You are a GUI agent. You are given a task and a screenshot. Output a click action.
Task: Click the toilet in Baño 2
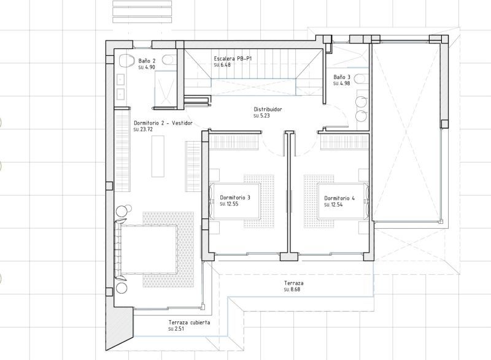(x=127, y=60)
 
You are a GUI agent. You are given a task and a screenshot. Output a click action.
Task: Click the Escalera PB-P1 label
(x=233, y=58)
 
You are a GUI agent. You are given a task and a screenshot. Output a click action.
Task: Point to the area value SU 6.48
(x=222, y=65)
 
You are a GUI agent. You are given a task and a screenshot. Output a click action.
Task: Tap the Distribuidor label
(x=267, y=109)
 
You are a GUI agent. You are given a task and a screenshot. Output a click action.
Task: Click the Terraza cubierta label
(x=189, y=322)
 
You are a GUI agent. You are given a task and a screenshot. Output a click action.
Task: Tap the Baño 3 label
(x=342, y=77)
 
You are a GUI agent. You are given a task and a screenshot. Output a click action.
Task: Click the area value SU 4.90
(x=145, y=67)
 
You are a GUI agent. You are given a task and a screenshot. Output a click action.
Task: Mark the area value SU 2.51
(x=176, y=329)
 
